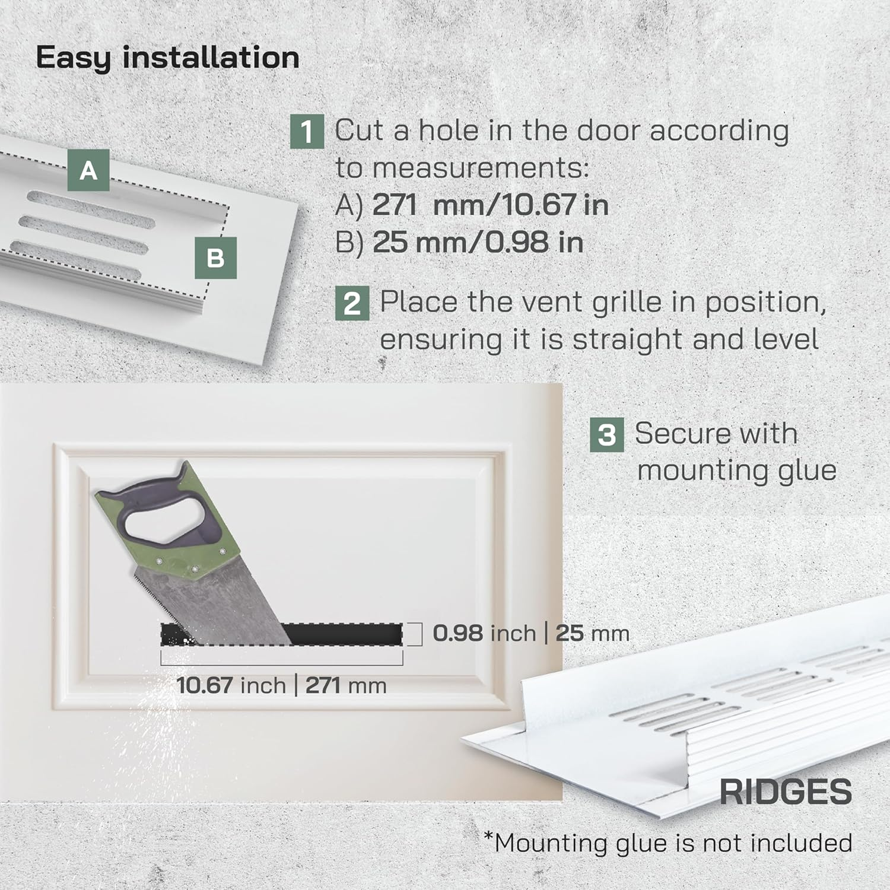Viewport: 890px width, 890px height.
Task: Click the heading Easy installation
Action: click(x=167, y=58)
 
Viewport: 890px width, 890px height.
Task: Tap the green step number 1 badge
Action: click(x=307, y=131)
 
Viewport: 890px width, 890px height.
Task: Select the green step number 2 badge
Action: click(x=352, y=303)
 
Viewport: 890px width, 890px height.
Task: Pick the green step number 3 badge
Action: click(x=606, y=434)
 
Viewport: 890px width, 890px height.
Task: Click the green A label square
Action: click(x=88, y=170)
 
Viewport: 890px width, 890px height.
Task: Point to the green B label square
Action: click(x=215, y=258)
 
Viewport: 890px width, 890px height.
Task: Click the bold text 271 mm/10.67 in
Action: click(x=490, y=205)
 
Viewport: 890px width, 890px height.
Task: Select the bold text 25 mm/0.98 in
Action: click(x=478, y=243)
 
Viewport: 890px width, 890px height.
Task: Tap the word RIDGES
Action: click(x=786, y=792)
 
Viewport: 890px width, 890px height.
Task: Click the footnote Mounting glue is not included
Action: click(x=668, y=843)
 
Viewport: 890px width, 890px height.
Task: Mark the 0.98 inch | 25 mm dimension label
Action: click(x=530, y=633)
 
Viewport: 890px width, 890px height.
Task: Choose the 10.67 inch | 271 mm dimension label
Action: click(x=281, y=686)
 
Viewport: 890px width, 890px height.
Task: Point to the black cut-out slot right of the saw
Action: click(x=344, y=634)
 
